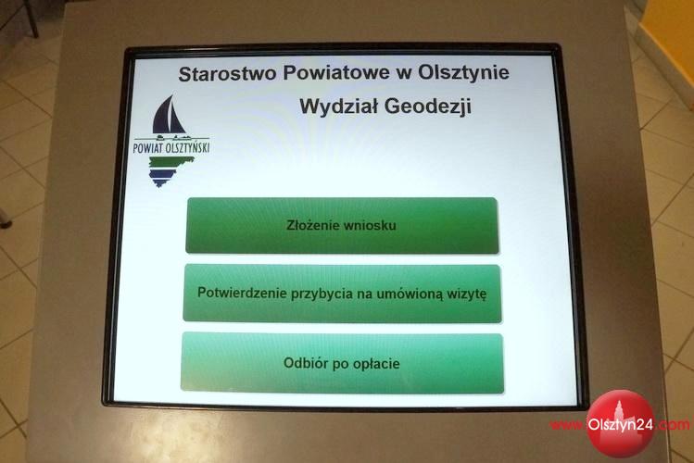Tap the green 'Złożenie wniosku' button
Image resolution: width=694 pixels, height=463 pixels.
click(342, 226)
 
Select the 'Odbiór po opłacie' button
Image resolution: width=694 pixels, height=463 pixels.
click(342, 363)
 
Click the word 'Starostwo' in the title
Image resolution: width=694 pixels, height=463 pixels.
click(227, 73)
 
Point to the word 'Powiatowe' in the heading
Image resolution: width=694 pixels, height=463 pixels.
click(336, 73)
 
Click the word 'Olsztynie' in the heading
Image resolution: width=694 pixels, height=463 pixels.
click(463, 73)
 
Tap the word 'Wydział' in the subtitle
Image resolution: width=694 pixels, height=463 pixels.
click(337, 106)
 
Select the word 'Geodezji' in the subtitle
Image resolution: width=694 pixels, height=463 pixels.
click(427, 106)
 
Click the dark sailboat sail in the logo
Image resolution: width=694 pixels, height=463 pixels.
click(168, 115)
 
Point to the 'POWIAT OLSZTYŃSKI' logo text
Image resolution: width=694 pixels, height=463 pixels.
click(171, 148)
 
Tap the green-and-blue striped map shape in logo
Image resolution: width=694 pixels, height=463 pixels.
click(170, 171)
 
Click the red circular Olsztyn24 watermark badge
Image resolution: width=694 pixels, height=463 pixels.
click(620, 423)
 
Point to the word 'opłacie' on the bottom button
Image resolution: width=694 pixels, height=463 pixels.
click(377, 365)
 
